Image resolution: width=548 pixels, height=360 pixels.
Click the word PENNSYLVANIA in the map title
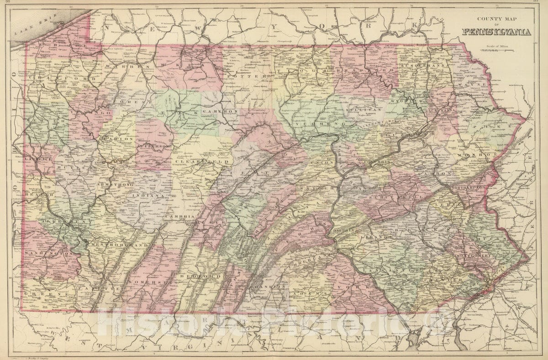point(496,32)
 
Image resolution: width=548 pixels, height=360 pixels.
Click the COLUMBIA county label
point(376,162)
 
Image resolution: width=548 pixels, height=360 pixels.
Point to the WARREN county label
point(120,67)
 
